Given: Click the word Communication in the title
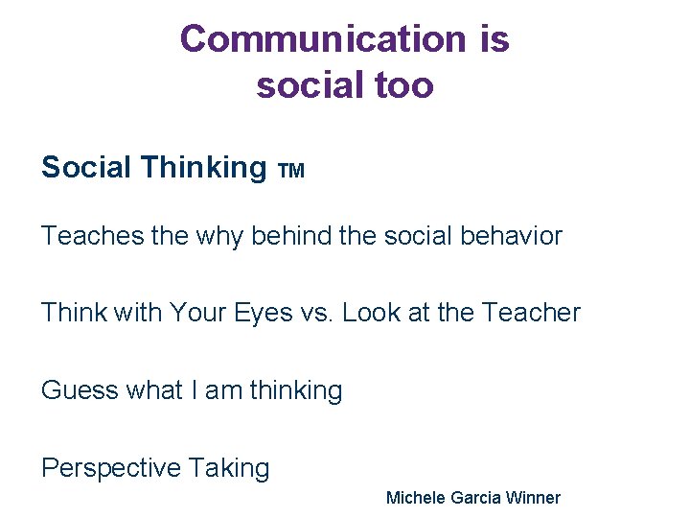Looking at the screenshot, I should (321, 39).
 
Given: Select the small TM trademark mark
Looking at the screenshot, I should (291, 172).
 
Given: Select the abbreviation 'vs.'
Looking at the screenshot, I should (317, 313).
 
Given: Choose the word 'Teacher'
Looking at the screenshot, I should (531, 313).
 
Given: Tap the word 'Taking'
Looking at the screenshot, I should (229, 468).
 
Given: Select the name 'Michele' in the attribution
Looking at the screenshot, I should (413, 497).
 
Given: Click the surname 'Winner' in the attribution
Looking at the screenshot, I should (532, 497).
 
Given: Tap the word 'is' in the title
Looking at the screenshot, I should (492, 39).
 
